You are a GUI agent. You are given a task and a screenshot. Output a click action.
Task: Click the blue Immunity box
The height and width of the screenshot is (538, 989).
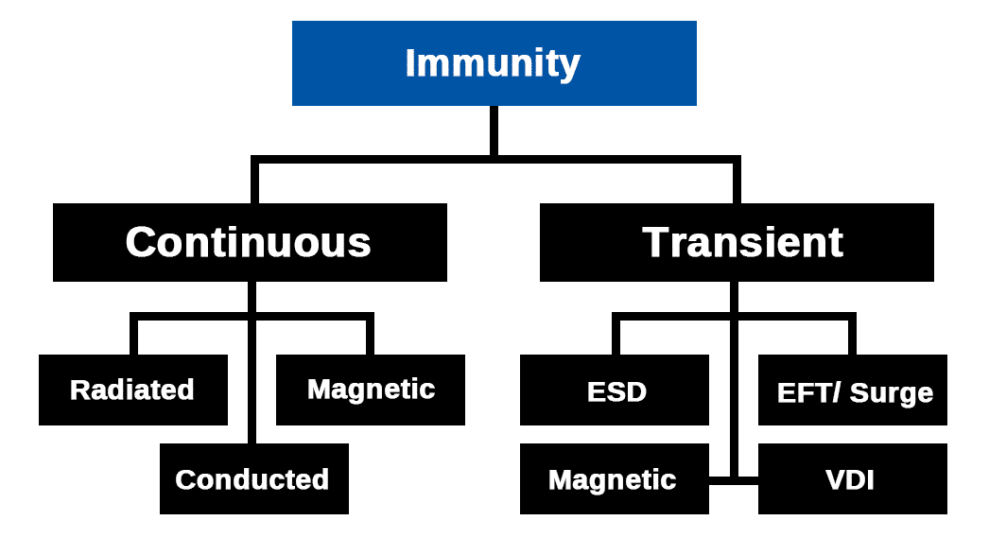(494, 62)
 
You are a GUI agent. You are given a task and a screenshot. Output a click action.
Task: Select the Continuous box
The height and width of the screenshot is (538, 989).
(250, 242)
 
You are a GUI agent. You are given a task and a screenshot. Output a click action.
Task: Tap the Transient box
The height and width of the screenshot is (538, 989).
(737, 242)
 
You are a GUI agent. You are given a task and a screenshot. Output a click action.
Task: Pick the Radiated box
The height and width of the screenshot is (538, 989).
(132, 390)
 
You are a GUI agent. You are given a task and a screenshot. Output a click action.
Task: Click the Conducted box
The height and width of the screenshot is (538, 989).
(253, 478)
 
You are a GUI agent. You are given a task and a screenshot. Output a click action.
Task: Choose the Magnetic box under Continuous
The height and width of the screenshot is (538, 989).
(371, 390)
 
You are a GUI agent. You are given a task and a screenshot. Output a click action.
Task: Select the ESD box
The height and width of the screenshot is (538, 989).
(615, 390)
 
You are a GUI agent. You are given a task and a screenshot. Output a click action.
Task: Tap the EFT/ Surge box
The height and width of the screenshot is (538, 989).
(853, 390)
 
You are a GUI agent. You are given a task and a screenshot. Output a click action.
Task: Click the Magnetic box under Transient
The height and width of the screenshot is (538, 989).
(614, 479)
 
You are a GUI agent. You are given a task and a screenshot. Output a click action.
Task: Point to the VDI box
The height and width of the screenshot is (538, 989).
(851, 479)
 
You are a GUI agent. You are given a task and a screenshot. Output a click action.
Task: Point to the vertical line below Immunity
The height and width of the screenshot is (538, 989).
(494, 130)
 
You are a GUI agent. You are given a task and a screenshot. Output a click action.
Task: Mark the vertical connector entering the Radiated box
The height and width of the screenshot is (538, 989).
(133, 337)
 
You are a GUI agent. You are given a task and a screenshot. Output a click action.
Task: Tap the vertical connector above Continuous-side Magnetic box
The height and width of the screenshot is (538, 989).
(370, 337)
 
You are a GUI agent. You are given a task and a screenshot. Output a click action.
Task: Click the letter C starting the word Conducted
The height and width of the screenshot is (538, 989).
(185, 479)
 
